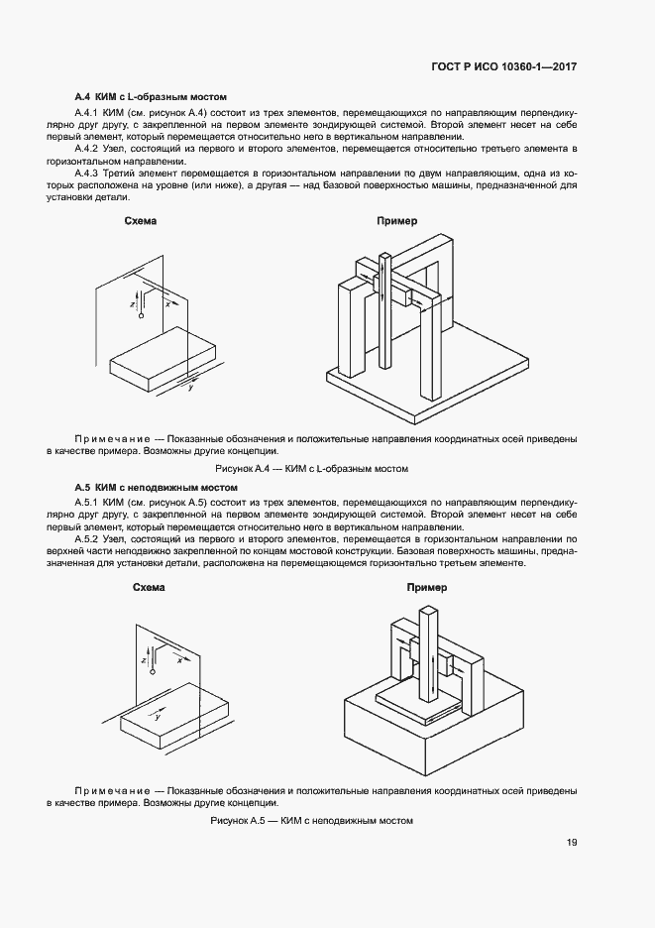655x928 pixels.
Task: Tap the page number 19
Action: coord(572,844)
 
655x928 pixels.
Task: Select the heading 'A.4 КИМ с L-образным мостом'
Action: coord(151,98)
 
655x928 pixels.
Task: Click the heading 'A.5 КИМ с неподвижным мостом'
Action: coord(157,488)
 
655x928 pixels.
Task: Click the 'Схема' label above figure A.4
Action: coord(141,222)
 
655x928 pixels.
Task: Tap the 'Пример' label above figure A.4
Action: coord(397,222)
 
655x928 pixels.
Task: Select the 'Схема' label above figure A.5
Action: coord(149,588)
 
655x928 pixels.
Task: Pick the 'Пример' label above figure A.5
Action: coord(427,588)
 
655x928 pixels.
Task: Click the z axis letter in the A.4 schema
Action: coord(133,305)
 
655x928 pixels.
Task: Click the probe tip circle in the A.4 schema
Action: coord(142,316)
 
